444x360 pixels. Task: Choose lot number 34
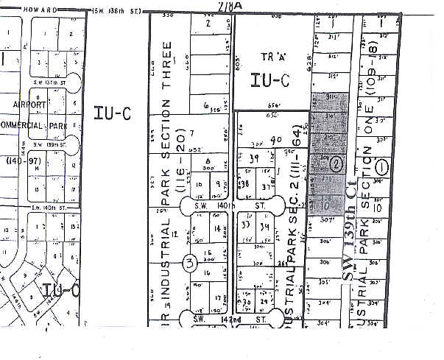coord(264,226)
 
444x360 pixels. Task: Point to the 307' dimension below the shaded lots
coord(327,219)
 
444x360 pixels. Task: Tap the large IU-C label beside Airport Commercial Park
coord(112,113)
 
